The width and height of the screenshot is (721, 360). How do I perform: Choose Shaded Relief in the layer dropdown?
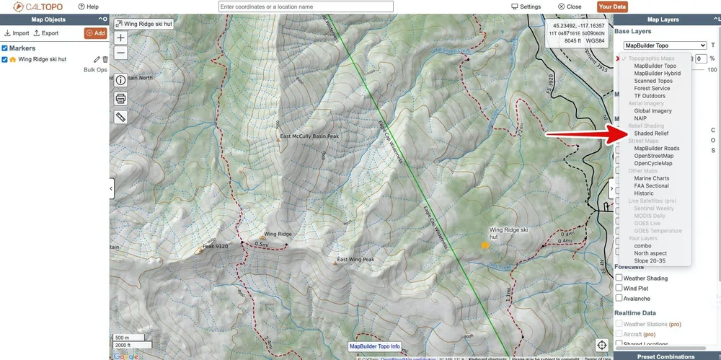pos(651,133)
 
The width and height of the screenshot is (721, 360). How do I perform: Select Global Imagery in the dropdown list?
pos(653,111)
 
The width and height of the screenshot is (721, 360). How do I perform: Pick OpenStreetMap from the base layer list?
pos(653,156)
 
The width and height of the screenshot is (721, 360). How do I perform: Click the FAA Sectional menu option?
pos(651,186)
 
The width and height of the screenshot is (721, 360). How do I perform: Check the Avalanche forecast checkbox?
pos(619,299)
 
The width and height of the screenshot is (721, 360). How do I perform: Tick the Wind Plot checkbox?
pos(619,289)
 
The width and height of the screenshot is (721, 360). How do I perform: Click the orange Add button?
pos(94,33)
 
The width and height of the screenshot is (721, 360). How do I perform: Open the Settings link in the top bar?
pos(526,6)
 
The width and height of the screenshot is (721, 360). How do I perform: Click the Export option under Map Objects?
pos(45,33)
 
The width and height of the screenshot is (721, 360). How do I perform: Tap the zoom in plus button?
pos(120,38)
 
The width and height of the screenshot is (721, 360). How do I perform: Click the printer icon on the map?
pos(120,98)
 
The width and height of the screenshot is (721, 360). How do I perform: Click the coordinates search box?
pos(306,6)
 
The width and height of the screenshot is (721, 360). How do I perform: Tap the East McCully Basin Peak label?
pos(309,136)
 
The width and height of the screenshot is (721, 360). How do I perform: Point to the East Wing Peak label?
pos(355,260)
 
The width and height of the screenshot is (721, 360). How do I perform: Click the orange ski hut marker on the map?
pos(485,245)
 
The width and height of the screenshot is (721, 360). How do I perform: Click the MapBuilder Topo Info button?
pos(374,346)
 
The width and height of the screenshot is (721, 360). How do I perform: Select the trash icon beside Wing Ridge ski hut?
pos(105,59)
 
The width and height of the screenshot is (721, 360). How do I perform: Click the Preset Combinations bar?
pos(665,356)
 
